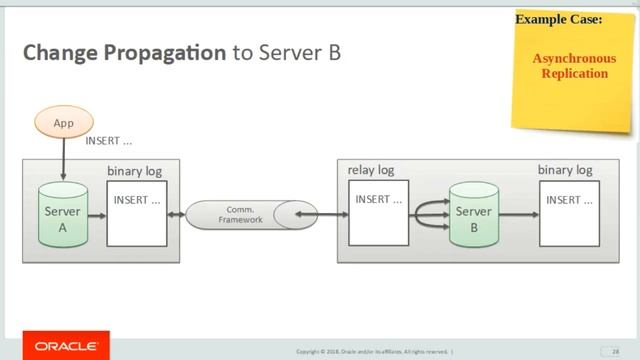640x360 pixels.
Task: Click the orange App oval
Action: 63,122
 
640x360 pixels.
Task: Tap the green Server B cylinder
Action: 473,217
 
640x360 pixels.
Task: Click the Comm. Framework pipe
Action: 240,213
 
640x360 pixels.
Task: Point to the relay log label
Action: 370,170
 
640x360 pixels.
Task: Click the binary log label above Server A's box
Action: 134,171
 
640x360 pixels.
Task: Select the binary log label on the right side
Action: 565,170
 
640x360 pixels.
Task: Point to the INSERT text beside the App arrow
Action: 108,141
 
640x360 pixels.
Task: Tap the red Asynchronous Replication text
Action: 574,66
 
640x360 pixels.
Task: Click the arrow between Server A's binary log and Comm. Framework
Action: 176,214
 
